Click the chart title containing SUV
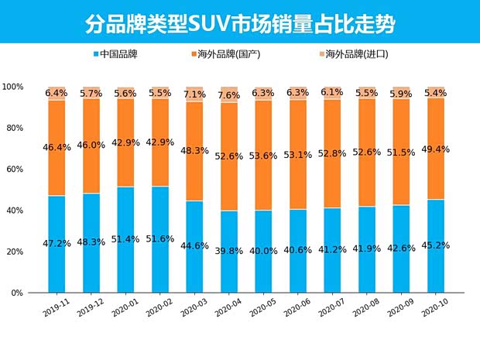click(240, 24)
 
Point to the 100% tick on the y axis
click(13, 86)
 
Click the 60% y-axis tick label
click(15, 169)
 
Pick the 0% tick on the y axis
click(18, 293)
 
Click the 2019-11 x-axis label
click(56, 308)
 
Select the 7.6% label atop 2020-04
click(229, 96)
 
